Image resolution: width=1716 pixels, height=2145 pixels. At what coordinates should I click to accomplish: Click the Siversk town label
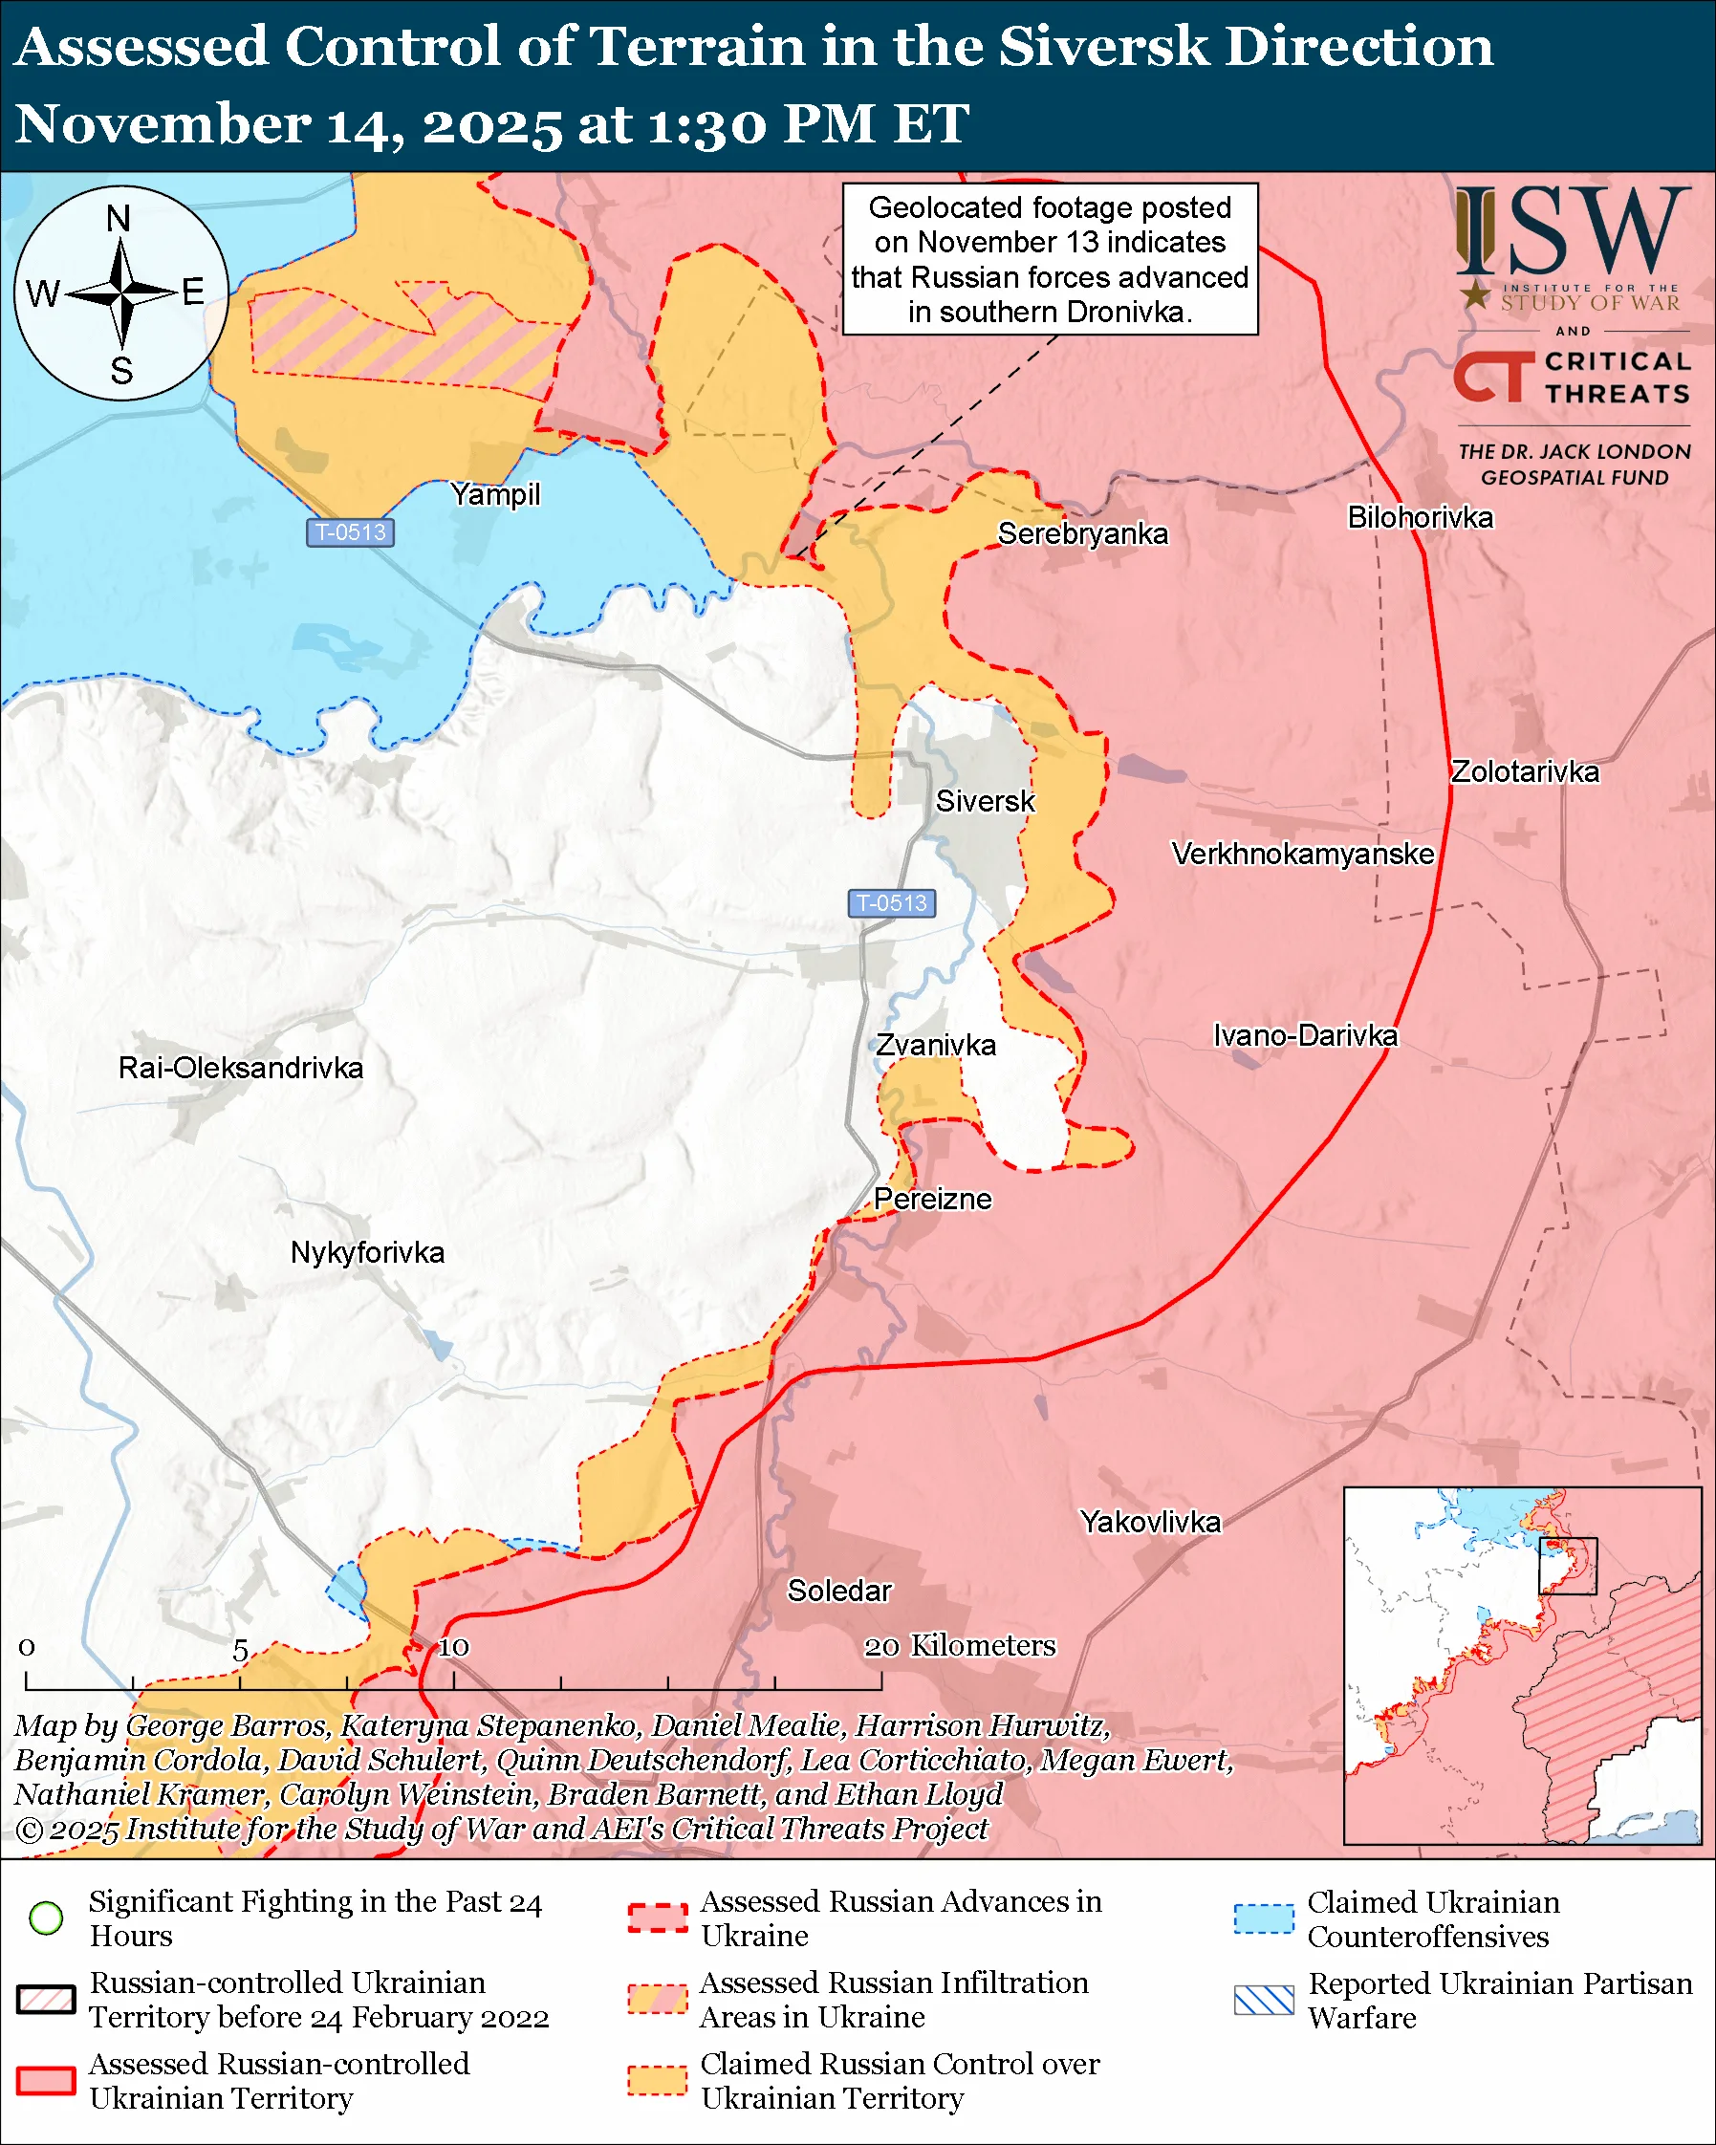tap(985, 801)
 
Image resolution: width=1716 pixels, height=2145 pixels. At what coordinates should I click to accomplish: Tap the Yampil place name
tap(495, 493)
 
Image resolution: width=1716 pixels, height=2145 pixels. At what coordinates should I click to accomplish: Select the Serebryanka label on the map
tap(1082, 533)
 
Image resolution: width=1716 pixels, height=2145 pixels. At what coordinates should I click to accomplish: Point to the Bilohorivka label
tap(1420, 517)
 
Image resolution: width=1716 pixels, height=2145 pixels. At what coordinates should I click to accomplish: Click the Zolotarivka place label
tap(1524, 771)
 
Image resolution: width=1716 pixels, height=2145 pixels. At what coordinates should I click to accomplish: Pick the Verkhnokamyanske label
tap(1302, 854)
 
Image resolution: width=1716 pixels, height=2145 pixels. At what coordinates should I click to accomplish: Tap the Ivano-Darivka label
tap(1305, 1034)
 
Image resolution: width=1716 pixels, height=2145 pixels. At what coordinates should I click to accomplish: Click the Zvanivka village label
tap(935, 1045)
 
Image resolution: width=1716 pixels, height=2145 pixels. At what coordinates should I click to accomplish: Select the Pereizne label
tap(932, 1198)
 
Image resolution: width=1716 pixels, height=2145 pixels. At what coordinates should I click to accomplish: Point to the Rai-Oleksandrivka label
tap(241, 1068)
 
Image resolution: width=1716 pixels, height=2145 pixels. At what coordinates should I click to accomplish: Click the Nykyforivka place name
tap(367, 1251)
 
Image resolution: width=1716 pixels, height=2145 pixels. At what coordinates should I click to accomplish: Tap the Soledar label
tap(839, 1590)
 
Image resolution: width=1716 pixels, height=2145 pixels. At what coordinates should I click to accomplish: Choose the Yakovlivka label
tap(1150, 1521)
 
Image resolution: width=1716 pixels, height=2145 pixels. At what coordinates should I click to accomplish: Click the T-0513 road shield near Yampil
tap(350, 532)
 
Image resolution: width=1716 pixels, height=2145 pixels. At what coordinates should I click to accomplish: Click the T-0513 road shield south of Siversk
tap(891, 902)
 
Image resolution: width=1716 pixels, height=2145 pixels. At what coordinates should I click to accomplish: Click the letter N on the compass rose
tap(119, 218)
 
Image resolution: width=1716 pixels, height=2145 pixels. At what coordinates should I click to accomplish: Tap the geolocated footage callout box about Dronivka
tap(1050, 259)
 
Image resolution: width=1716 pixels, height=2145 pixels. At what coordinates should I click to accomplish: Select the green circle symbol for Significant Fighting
tap(47, 1917)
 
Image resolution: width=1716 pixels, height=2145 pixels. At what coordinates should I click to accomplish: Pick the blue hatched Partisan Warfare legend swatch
tap(1264, 2000)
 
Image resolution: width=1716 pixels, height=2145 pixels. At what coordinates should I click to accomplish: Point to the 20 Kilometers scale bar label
tap(959, 1646)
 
